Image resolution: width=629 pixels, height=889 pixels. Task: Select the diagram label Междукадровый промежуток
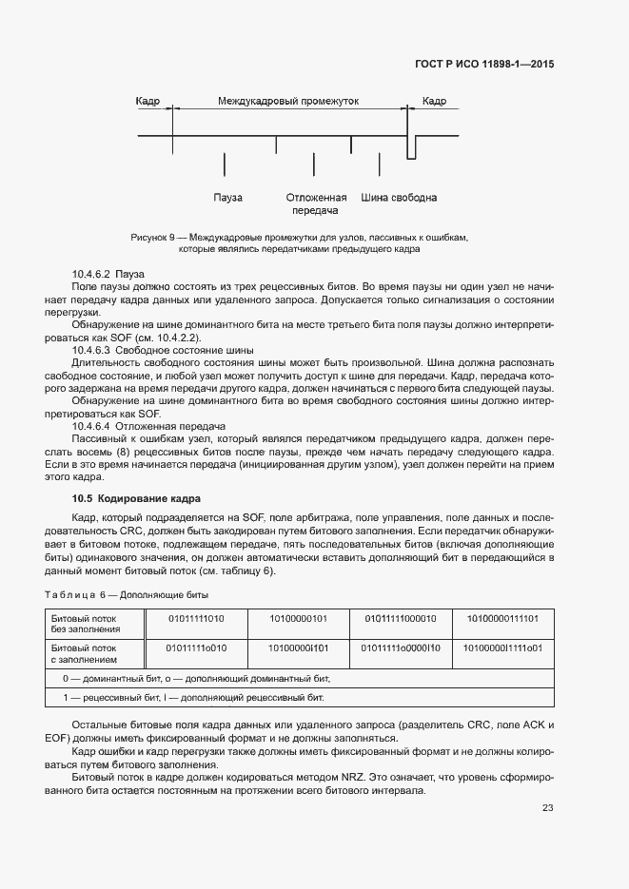(x=288, y=101)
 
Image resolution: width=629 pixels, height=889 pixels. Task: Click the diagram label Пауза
(x=227, y=198)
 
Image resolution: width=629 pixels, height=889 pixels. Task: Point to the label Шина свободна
(x=399, y=198)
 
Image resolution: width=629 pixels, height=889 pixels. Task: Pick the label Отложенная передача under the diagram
(x=316, y=204)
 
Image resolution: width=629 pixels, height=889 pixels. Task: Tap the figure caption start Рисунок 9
(x=156, y=237)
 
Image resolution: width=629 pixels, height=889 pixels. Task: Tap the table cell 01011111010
(x=195, y=619)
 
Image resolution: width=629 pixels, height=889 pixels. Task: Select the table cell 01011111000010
(x=399, y=619)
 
